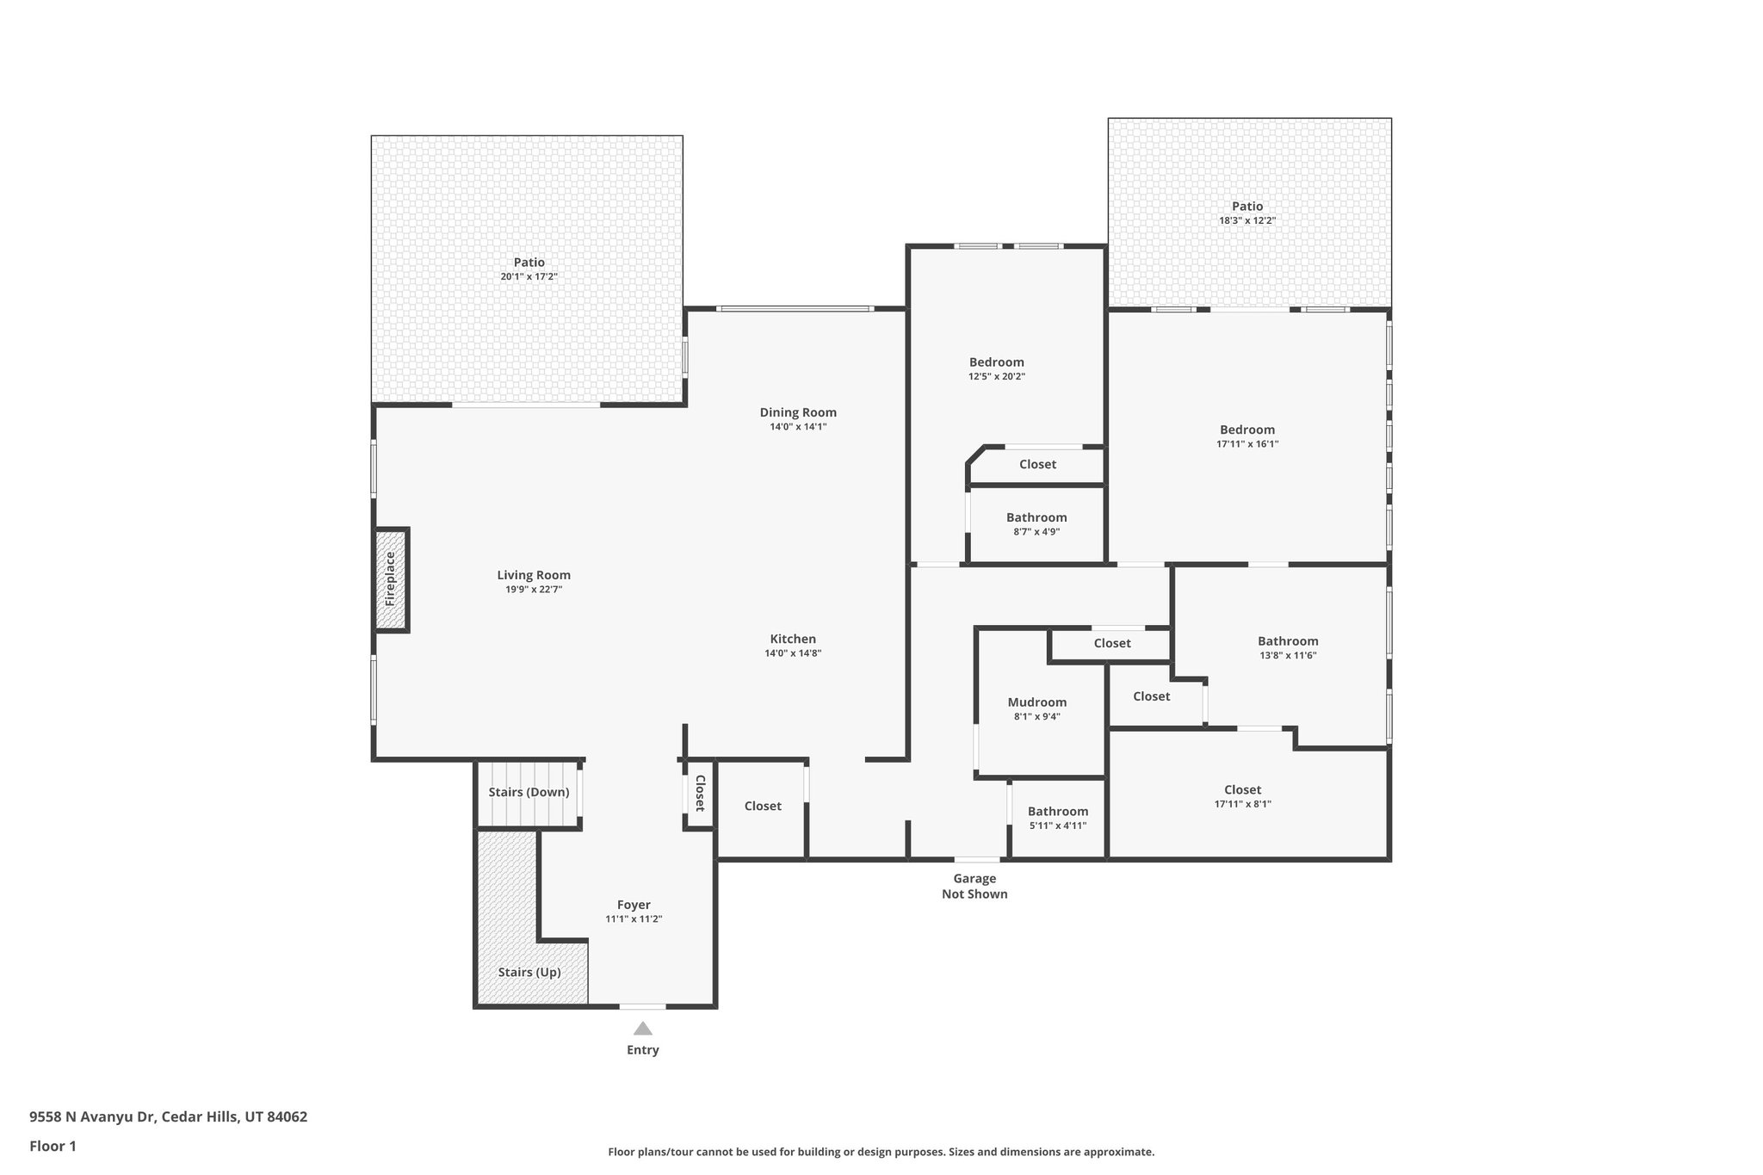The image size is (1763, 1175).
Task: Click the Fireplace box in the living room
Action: coord(391,579)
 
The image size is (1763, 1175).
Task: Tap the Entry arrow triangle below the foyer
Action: coord(642,1028)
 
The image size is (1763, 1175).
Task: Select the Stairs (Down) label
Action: coord(529,792)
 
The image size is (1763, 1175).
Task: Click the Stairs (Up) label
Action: coord(529,972)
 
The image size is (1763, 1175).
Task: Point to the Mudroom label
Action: coord(1036,702)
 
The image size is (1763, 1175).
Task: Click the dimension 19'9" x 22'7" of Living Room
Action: coord(534,590)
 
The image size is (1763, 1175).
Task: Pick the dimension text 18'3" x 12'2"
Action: coord(1246,220)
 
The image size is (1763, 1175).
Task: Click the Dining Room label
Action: coord(797,412)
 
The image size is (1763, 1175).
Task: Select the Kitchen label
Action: coord(792,639)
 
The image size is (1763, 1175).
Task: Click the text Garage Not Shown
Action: coord(974,886)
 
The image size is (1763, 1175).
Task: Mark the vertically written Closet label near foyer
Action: coord(700,793)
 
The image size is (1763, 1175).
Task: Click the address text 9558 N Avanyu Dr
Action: coord(92,1116)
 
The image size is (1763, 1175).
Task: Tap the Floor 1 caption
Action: coord(53,1146)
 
